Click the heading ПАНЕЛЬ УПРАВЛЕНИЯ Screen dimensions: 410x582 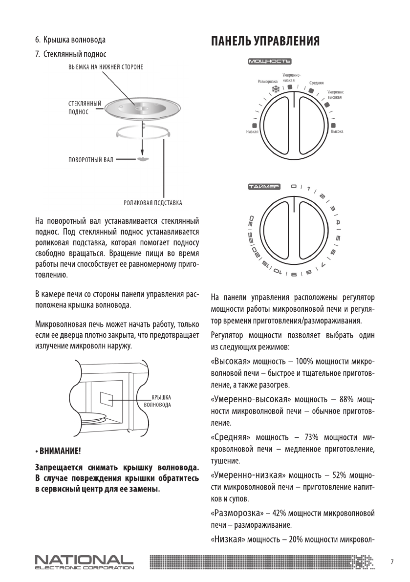click(265, 42)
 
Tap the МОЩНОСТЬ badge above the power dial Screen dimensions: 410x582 click(270, 62)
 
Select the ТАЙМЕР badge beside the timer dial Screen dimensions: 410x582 click(263, 187)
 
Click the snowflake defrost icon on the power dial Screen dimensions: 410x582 click(275, 89)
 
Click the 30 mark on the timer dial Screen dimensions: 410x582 click(251, 219)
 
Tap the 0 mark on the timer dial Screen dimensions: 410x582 click(293, 186)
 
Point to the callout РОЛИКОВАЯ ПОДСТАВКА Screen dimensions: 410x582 click(153, 201)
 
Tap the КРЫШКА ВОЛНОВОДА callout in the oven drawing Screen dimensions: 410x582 click(158, 402)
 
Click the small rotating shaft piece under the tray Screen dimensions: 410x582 click(142, 159)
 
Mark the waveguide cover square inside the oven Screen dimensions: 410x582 click(107, 398)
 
